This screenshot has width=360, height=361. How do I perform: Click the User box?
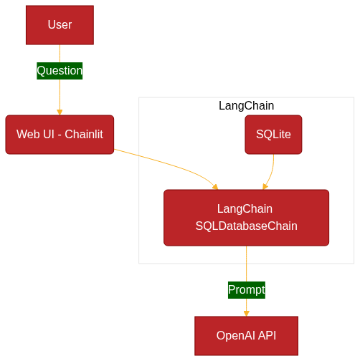point(60,25)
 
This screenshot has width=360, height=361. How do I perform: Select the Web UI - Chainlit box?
point(60,135)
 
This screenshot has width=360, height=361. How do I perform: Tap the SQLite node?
point(273,135)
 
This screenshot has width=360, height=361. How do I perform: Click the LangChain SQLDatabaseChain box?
point(247,218)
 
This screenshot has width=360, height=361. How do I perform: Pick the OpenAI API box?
point(247,336)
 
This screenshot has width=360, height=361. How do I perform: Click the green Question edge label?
point(60,71)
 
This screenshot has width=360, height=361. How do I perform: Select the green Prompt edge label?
point(247,290)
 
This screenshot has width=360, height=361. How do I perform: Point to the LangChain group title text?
point(247,106)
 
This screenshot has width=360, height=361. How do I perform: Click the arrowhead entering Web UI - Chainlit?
point(60,112)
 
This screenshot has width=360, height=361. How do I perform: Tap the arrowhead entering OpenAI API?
point(247,314)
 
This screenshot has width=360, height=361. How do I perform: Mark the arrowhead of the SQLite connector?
point(265,187)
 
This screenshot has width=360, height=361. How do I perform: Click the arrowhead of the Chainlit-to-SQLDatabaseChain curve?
point(216,187)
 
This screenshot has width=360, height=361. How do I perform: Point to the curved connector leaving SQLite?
point(271,171)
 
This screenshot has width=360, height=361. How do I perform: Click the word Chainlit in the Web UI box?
point(84,135)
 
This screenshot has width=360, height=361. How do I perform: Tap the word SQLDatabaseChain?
point(247,226)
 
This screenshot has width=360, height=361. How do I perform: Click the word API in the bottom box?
point(267,336)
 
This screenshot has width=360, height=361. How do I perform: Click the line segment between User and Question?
point(60,54)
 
